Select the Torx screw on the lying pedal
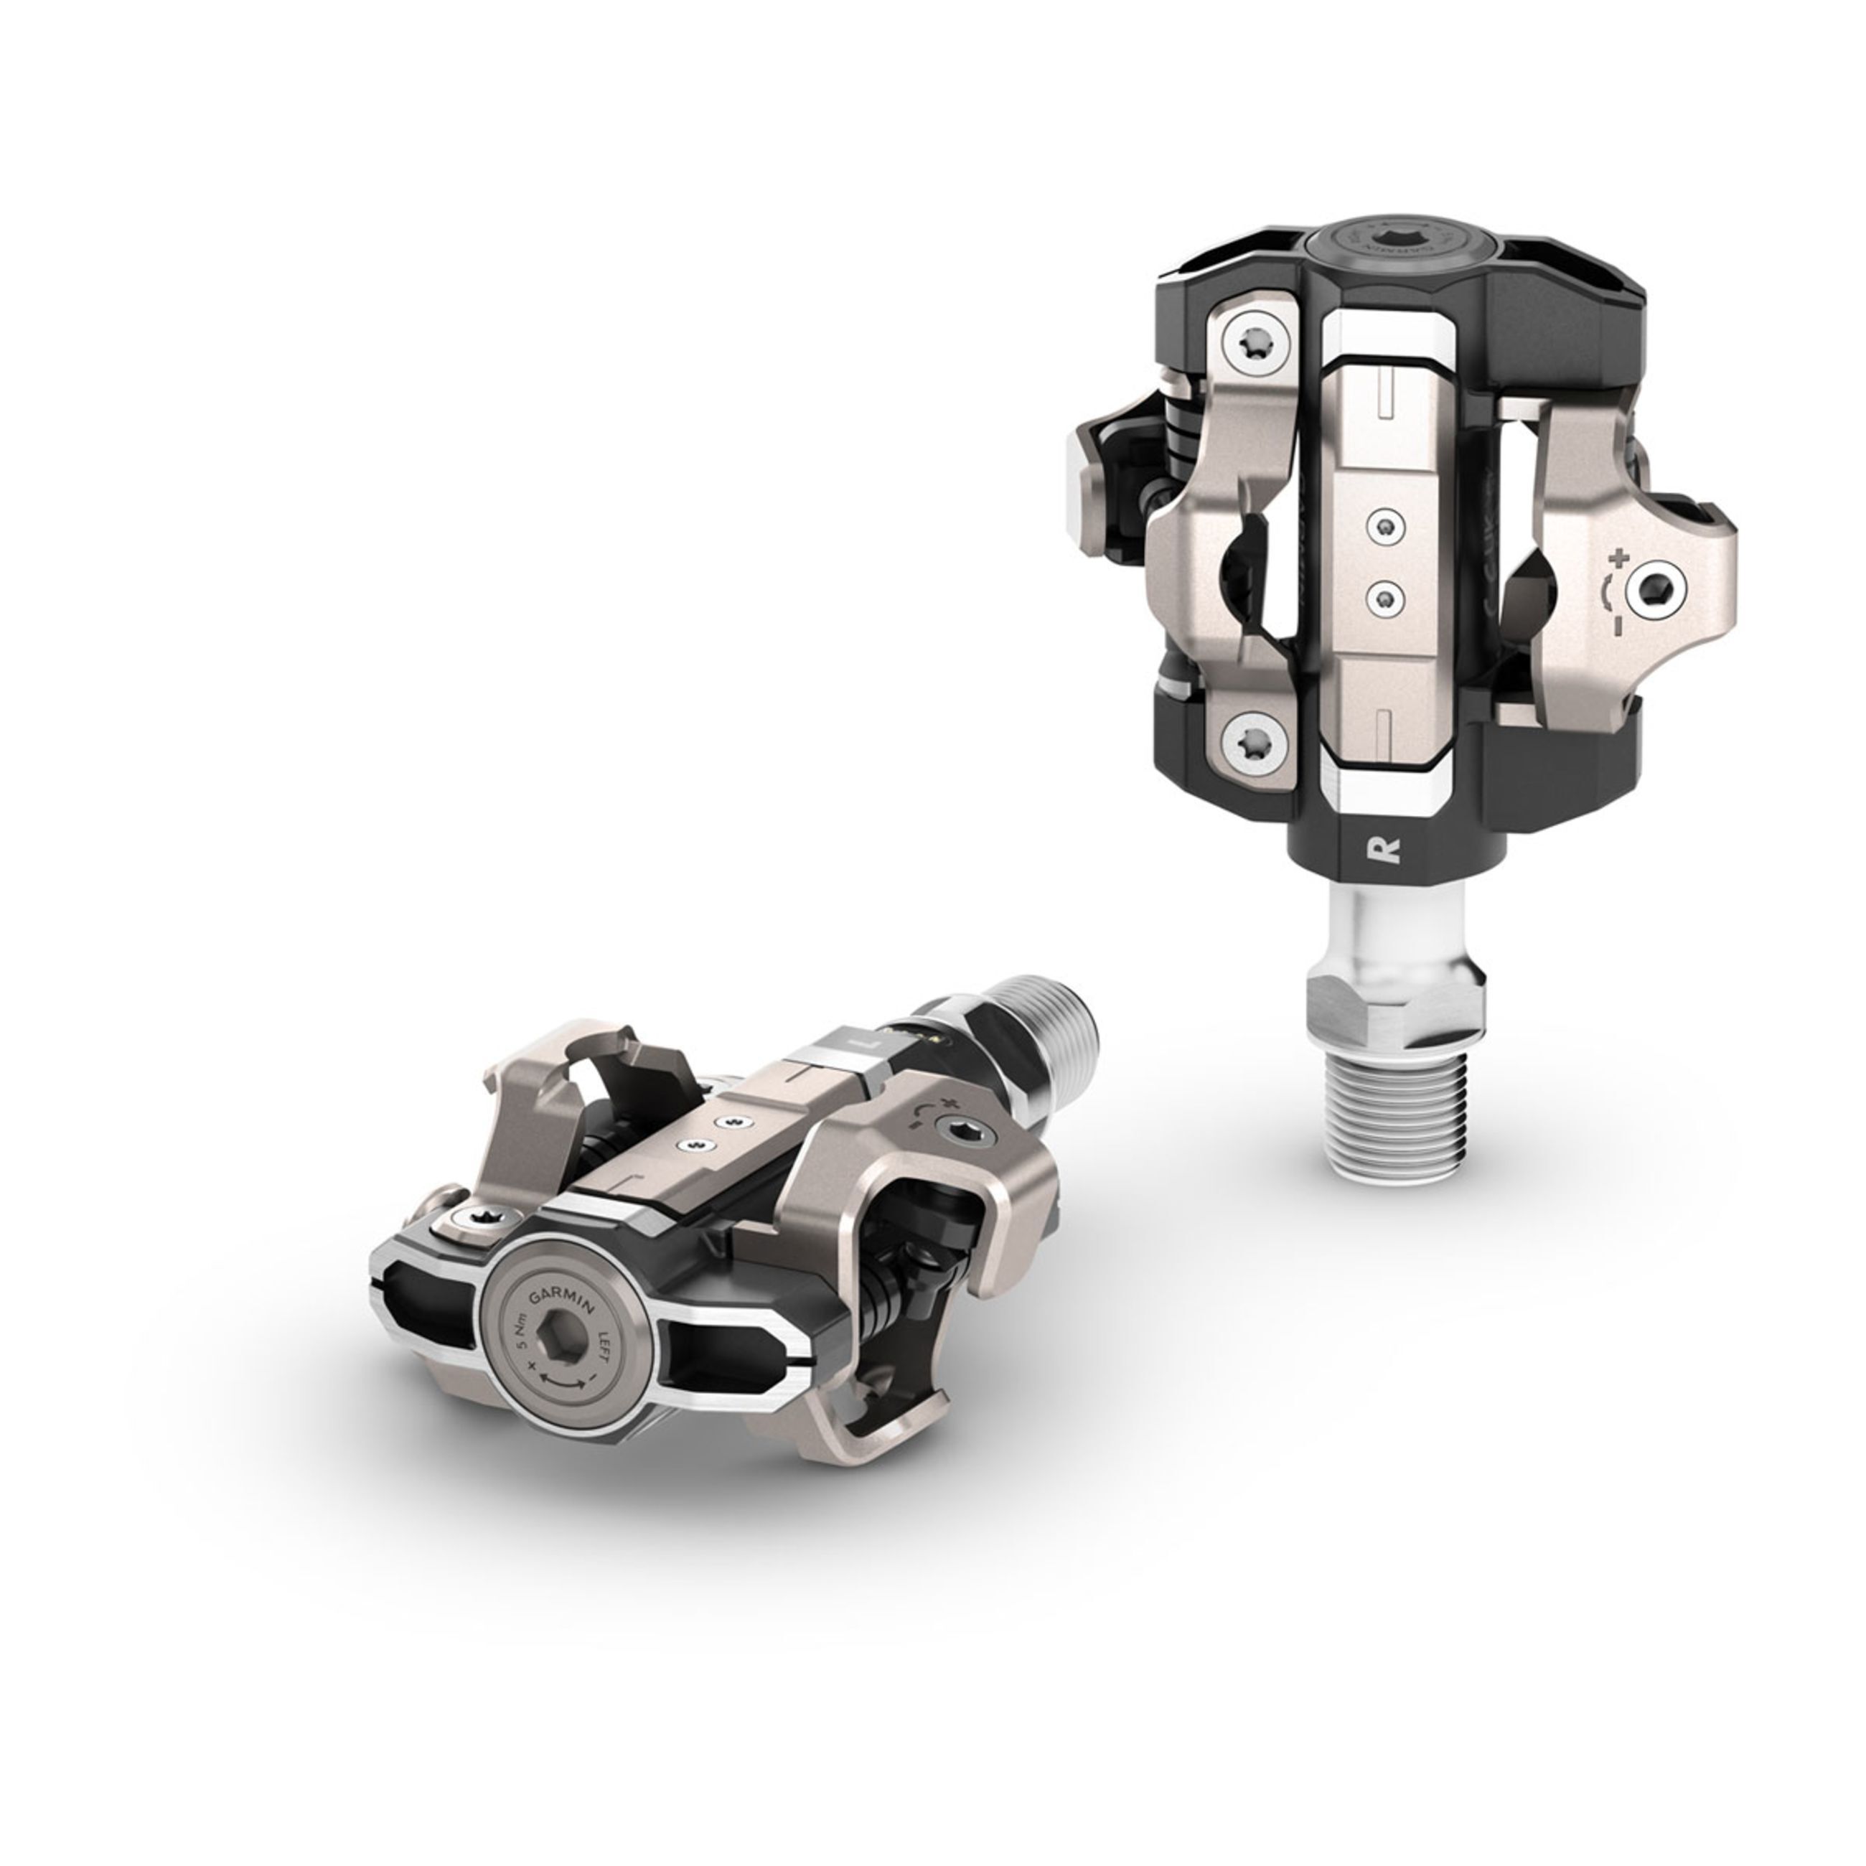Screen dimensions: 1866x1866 (x=469, y=1218)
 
